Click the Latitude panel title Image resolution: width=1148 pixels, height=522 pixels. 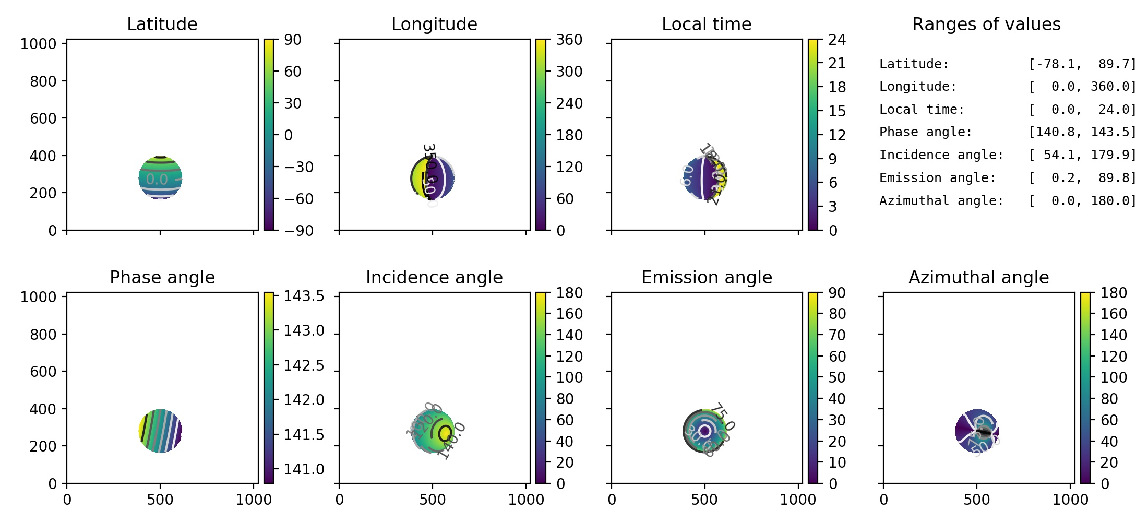click(x=162, y=24)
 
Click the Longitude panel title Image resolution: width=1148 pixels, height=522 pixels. click(x=434, y=24)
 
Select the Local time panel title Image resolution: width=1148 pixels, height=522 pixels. click(x=707, y=24)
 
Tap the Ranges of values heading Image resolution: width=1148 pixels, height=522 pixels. click(x=986, y=24)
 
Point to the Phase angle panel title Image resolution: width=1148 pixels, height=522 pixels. click(x=162, y=277)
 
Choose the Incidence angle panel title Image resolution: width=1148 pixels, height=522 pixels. click(x=434, y=277)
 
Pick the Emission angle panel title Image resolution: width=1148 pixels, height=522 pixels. click(x=707, y=277)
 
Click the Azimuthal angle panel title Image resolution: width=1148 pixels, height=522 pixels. click(x=978, y=277)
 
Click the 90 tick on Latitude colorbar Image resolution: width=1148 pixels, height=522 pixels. click(x=293, y=40)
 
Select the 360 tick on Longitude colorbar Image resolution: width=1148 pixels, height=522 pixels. click(x=569, y=40)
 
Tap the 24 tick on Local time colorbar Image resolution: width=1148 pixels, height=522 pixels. click(x=837, y=40)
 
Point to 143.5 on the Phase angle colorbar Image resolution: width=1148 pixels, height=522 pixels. click(x=304, y=296)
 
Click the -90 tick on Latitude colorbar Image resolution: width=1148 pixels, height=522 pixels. click(x=298, y=230)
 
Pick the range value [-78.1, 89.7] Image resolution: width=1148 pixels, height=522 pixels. click(x=1082, y=64)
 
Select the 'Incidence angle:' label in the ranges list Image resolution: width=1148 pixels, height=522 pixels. click(x=941, y=155)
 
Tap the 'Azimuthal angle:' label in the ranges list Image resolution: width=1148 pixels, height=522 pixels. click(x=941, y=201)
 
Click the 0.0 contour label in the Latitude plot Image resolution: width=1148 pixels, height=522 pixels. click(x=157, y=180)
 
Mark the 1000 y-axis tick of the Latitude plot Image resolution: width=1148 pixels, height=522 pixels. click(x=38, y=44)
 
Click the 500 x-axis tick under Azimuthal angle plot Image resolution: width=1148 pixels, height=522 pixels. click(x=976, y=500)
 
